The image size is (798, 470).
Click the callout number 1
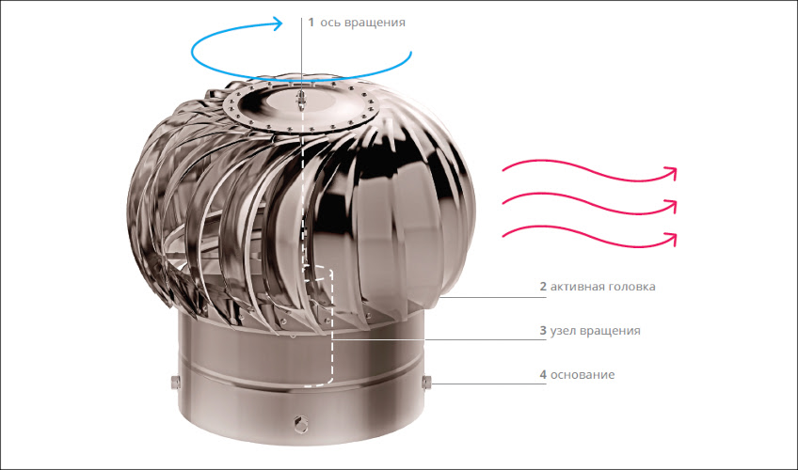coord(311,23)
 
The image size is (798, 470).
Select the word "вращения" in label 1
coord(375,23)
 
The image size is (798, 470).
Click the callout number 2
coord(543,287)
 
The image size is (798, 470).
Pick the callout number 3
coord(543,331)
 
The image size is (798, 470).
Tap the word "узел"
coord(563,332)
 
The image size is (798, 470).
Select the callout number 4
coord(543,375)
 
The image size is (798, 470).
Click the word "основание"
coord(583,375)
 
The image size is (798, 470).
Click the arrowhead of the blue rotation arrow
coord(277,23)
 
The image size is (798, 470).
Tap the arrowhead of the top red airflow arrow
coord(672,173)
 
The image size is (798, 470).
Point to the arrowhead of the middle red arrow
coord(672,206)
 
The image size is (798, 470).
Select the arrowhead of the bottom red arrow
coord(672,240)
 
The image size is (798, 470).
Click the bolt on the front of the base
coord(301,424)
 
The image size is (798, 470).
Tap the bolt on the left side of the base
coord(175,382)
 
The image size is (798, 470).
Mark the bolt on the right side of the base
coord(426,383)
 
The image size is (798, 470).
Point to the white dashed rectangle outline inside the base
coord(332,325)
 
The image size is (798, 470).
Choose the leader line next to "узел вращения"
coord(485,339)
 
